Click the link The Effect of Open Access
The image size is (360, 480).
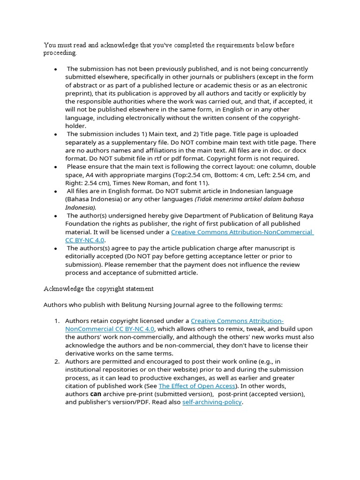[x=197, y=386]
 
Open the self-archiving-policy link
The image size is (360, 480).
[x=212, y=402]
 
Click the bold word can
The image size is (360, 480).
[x=96, y=394]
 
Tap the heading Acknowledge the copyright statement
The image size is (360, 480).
[x=98, y=288]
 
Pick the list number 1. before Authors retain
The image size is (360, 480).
[x=56, y=321]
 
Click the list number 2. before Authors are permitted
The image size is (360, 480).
[x=56, y=361]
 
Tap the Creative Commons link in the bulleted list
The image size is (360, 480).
[x=242, y=232]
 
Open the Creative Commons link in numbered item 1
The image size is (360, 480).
[x=237, y=321]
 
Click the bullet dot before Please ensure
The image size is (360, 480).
[x=56, y=167]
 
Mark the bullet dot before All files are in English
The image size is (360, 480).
[x=56, y=191]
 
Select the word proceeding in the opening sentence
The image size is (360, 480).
[x=60, y=53]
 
